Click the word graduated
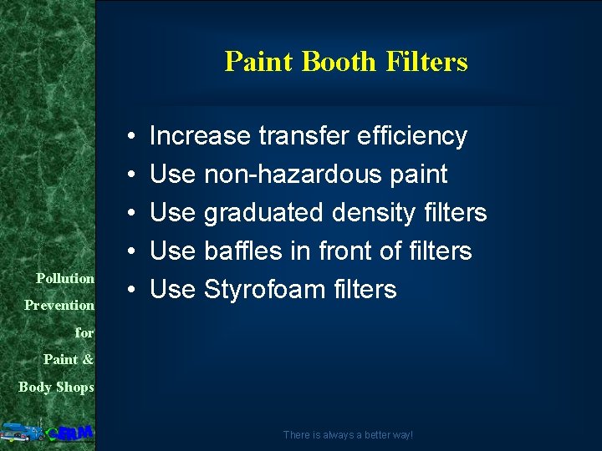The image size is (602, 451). click(264, 214)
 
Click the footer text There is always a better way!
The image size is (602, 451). click(347, 435)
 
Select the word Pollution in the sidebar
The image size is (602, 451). click(64, 278)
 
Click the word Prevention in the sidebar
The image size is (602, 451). click(59, 306)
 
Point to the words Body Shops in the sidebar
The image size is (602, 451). click(56, 387)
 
